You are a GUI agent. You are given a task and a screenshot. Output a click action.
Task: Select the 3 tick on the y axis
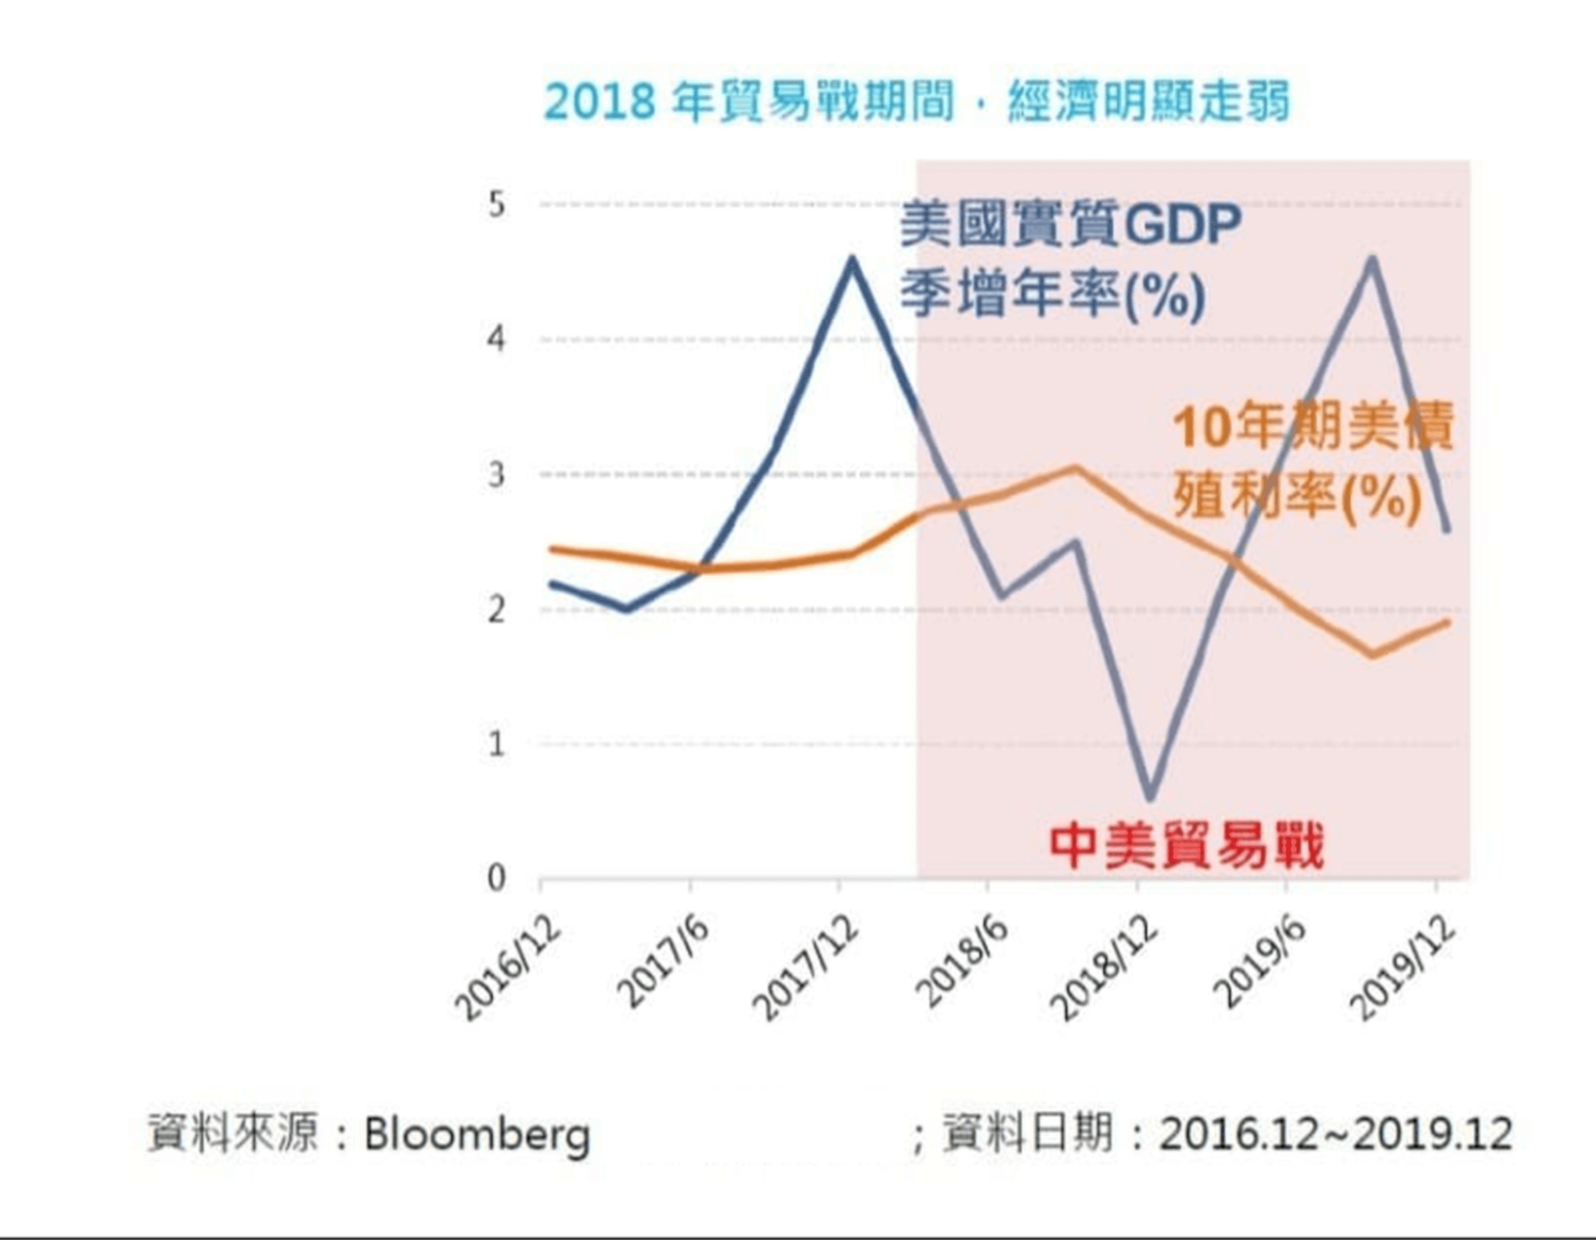[497, 475]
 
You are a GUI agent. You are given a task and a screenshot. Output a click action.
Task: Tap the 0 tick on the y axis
[497, 879]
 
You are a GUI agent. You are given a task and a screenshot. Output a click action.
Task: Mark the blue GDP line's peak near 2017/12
[851, 260]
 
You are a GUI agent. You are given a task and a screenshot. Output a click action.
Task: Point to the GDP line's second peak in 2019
[1371, 260]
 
